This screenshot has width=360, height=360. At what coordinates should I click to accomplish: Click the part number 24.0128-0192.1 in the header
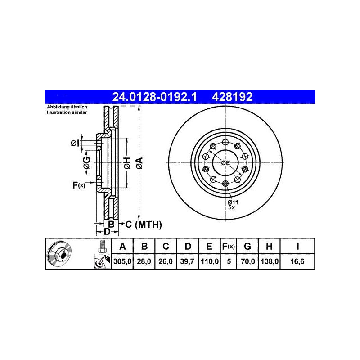coord(154,97)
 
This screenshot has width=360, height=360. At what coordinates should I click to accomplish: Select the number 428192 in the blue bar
coord(232,97)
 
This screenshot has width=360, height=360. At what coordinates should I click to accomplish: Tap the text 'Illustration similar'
coord(67,112)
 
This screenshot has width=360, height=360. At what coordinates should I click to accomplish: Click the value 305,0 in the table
coord(122,261)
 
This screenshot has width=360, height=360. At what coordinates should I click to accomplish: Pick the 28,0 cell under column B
coord(144,261)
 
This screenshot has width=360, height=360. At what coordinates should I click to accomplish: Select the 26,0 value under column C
coord(166,261)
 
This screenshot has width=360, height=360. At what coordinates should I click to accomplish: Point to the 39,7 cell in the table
coord(187,261)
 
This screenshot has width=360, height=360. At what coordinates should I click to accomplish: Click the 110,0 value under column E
coord(210,261)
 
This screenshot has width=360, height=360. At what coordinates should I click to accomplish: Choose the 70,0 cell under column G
coord(248,261)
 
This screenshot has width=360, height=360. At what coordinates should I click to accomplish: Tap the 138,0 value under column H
coord(270,261)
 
